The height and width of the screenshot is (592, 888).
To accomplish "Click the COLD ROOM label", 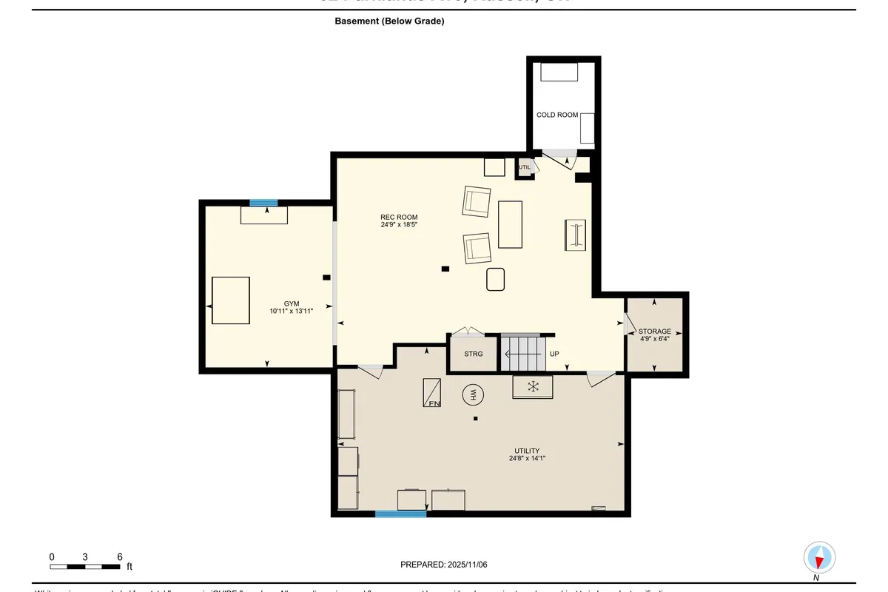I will (x=557, y=115).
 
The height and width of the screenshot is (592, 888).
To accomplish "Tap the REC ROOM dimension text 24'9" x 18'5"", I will (x=400, y=225).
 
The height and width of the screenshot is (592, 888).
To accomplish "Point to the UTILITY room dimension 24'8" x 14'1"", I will (x=528, y=459).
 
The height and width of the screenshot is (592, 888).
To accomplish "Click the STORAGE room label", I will (x=655, y=332).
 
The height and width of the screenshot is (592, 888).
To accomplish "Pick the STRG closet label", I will (x=474, y=354).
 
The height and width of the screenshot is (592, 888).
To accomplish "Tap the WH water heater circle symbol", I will (x=472, y=396).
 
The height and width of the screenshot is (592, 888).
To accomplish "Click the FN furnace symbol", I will (x=432, y=392).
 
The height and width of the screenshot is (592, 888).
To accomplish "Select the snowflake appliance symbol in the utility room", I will (x=532, y=387).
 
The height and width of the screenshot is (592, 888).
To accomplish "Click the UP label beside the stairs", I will (x=554, y=354).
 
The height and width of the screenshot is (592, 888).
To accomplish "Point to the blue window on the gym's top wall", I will (x=263, y=203).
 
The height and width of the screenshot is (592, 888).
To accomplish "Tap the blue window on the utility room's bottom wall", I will (x=400, y=514).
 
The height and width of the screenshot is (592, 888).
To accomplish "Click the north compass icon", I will (x=819, y=557).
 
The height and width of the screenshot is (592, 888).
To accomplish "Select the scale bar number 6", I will (x=119, y=556).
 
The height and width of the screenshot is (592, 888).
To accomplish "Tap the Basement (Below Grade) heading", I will (x=389, y=21).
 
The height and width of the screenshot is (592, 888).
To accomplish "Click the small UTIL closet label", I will (x=525, y=167).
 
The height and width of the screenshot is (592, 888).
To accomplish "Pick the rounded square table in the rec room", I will (x=496, y=280).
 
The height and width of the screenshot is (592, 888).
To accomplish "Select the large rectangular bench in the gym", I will (x=231, y=300).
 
